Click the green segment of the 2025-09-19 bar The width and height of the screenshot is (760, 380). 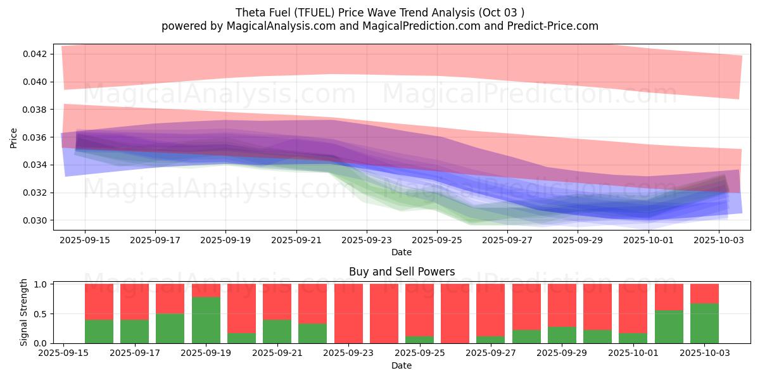point(205,320)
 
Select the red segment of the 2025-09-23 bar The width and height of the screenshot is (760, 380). point(348,313)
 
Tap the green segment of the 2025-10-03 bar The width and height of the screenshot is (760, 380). point(704,323)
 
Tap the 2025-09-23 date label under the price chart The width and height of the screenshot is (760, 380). point(367,241)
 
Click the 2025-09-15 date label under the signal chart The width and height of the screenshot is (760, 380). point(63,353)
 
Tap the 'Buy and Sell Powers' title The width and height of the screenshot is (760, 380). point(402,272)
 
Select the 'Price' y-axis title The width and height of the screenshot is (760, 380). point(14,137)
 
